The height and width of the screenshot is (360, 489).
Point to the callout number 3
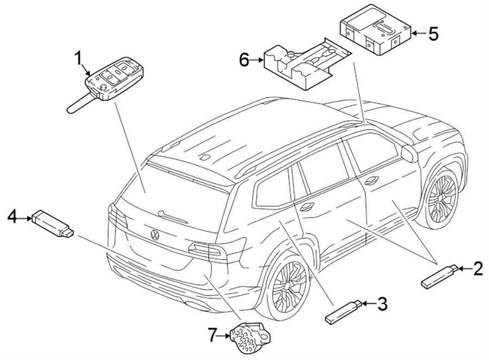(383, 305)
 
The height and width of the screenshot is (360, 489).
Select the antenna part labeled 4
(53, 223)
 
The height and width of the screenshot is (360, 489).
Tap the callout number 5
(432, 34)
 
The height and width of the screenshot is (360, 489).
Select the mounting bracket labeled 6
(304, 63)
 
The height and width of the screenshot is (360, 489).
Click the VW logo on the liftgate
(155, 235)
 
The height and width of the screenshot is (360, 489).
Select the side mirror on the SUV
(408, 154)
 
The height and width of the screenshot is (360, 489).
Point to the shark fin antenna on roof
(204, 158)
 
